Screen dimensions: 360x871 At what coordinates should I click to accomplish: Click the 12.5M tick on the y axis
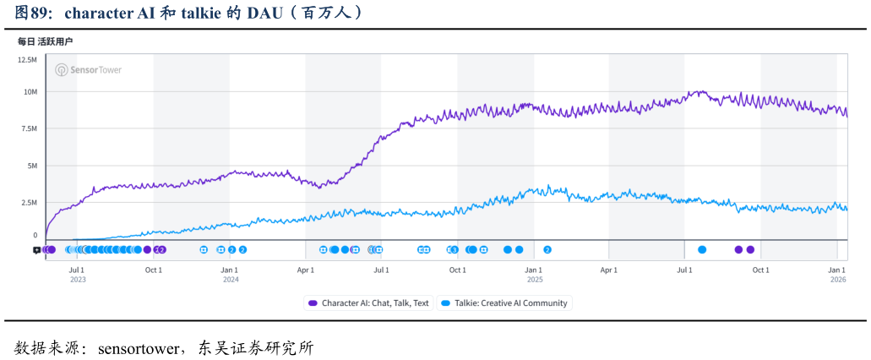coord(27,60)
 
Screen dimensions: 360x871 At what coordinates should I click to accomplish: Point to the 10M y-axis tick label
coord(30,91)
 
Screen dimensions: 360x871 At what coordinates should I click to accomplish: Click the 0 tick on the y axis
coord(35,236)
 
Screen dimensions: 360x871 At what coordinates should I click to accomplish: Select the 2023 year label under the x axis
coord(78,280)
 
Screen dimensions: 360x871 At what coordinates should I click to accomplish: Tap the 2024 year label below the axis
coord(231,280)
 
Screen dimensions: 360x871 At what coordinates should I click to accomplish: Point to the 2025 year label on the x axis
coord(534,280)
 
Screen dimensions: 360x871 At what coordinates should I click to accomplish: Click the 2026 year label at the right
coord(838,280)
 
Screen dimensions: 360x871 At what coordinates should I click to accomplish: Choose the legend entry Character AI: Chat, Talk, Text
coord(368,303)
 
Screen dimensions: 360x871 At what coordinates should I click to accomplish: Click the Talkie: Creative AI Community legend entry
coord(505,303)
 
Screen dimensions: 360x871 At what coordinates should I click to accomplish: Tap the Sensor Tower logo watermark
coord(88,70)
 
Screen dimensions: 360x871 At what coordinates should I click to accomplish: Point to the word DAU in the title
coord(268,14)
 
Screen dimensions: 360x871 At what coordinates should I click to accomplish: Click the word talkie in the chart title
coord(199,14)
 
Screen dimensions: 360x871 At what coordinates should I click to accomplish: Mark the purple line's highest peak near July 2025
coord(699,90)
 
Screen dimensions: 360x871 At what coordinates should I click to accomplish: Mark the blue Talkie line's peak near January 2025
coord(548,186)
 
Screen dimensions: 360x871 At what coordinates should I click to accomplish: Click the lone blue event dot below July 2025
coord(702,249)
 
